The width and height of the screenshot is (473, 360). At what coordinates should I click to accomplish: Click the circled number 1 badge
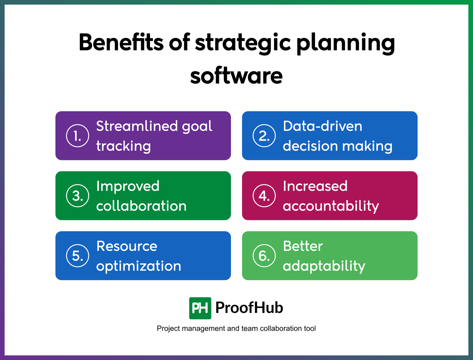pos(78,136)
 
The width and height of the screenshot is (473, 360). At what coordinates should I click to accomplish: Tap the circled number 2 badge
pos(264,136)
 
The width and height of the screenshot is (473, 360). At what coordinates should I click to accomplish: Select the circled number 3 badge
pos(78,196)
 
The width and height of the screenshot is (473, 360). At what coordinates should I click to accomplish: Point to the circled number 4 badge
pos(264,196)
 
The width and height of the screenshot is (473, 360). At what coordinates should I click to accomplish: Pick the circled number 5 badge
pos(78,256)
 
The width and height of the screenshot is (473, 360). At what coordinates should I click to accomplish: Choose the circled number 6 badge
pos(264,256)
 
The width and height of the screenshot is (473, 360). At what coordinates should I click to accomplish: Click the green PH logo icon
pos(200,308)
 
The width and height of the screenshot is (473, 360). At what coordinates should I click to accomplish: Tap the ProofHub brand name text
pos(249,308)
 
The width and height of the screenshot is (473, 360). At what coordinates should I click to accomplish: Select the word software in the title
pos(236,76)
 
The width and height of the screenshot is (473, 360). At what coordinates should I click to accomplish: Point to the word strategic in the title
pos(243,43)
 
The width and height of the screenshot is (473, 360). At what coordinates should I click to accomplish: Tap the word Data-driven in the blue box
pos(322,126)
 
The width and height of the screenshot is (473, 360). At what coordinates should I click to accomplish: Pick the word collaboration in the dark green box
pos(141,206)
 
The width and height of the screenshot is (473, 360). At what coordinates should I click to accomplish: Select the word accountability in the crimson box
pos(331,206)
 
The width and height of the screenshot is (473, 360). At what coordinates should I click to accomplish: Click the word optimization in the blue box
pos(139,266)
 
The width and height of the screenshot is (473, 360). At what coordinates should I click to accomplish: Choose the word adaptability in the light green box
pos(324,266)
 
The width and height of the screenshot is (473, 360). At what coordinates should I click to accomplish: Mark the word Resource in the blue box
pos(127,246)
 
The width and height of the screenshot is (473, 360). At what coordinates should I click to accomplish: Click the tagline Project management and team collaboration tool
pos(236,329)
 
